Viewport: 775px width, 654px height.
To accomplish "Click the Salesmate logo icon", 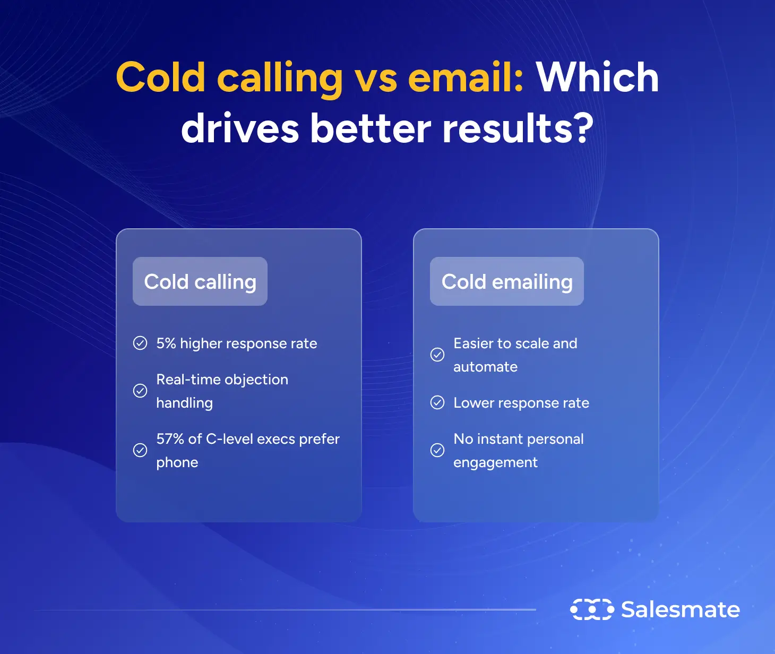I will [x=592, y=609].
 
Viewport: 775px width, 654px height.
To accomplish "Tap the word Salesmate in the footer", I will [x=681, y=609].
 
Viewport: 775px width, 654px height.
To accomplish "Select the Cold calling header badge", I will [x=200, y=281].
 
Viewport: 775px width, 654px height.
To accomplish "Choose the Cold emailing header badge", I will [x=507, y=281].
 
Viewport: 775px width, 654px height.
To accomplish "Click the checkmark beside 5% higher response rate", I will [x=140, y=343].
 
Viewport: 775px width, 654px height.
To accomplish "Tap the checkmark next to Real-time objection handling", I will [x=140, y=391].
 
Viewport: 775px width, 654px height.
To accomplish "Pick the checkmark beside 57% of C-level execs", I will [x=140, y=450].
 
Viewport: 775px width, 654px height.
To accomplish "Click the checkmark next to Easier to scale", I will [x=437, y=355].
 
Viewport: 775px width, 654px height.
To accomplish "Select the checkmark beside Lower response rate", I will [x=437, y=403].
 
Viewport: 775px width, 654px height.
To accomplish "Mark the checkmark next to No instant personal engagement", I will [x=437, y=450].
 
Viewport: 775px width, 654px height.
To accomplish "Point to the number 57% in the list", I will [x=169, y=439].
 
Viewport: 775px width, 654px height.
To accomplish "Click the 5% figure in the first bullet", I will [x=166, y=343].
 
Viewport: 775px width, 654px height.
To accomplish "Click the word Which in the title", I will [x=597, y=78].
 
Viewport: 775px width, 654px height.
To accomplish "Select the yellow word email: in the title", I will [x=466, y=78].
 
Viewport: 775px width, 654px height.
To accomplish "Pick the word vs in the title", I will [x=376, y=79].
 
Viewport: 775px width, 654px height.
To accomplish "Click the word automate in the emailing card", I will [x=485, y=367].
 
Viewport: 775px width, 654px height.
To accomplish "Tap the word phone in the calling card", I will [x=177, y=463].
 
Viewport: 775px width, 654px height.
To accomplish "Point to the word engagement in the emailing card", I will [x=495, y=463].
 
